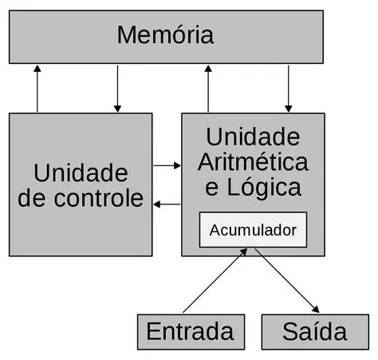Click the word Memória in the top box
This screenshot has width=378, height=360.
[x=165, y=36]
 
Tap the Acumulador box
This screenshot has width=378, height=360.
[x=252, y=231]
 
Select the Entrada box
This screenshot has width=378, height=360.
[x=190, y=331]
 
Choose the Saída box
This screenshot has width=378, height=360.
[x=314, y=331]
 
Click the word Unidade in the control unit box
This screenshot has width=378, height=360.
[x=81, y=172]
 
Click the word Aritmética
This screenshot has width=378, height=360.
[x=253, y=162]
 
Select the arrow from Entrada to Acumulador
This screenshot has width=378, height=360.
[x=213, y=282]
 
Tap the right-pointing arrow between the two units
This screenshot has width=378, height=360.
[x=167, y=165]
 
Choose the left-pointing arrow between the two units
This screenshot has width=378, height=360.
[x=167, y=204]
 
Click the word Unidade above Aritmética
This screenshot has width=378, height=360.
[x=253, y=136]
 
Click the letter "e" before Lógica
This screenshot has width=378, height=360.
[x=212, y=189]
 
